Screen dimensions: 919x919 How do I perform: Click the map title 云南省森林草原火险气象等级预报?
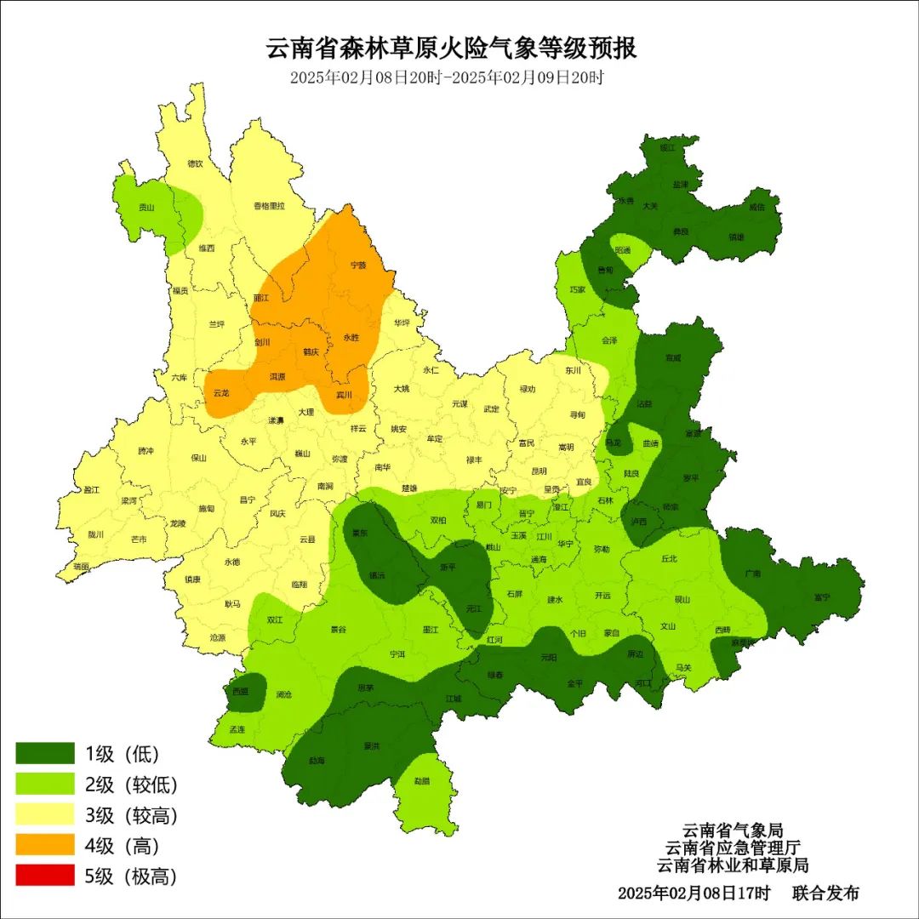451,48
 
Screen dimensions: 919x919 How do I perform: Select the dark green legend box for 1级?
45,753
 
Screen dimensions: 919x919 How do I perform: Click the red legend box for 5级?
45,876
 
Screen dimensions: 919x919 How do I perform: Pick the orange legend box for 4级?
45,845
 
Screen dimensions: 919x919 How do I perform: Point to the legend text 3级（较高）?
132,815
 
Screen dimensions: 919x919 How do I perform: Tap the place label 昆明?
539,471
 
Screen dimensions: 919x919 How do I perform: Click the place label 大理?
305,412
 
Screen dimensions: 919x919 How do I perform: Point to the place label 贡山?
147,207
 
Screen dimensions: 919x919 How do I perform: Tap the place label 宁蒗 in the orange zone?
358,265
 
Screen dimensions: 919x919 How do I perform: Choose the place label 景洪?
371,746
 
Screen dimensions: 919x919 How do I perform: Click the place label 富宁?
821,597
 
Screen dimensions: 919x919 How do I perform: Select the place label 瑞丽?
81,566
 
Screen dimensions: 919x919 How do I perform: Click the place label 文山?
667,626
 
